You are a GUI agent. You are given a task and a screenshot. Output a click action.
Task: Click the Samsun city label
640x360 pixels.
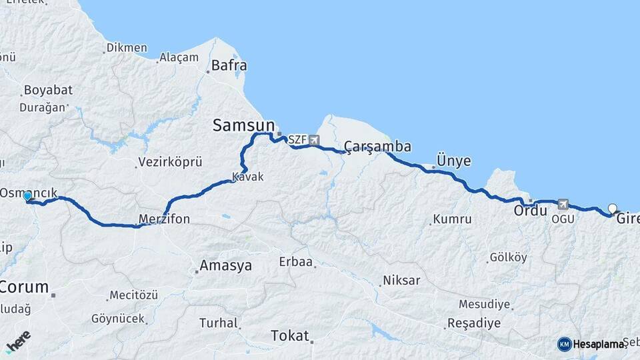coord(243,125)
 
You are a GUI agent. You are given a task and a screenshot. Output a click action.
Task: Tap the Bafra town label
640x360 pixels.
coord(229,66)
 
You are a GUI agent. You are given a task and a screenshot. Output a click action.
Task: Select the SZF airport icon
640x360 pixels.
coord(313,140)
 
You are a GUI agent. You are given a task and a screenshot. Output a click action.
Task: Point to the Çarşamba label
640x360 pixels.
coord(377,147)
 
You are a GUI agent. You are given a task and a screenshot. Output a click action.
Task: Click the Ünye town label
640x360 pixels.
coord(453,161)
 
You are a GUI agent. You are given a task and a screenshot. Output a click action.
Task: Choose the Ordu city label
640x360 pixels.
coord(531,211)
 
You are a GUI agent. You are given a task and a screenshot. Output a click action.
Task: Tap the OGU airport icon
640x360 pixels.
coord(563,204)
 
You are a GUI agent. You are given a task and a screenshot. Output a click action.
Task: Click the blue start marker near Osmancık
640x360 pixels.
coord(27,196)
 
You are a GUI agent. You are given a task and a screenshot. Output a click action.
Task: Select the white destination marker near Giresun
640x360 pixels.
coord(613,209)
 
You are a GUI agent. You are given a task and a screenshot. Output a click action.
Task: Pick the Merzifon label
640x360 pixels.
coord(164,219)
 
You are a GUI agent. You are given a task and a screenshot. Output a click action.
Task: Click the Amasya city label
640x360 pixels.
coord(226,265)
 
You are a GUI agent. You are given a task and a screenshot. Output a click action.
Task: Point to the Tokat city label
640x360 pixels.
coord(290,335)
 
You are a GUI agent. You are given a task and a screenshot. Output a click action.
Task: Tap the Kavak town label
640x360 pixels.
coord(248,177)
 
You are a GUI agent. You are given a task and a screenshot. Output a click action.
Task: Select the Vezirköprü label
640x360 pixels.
coord(170,162)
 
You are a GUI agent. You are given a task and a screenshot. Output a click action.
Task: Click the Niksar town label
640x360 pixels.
coord(401,280)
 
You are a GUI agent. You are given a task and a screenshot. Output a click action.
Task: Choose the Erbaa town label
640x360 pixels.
coord(296,262)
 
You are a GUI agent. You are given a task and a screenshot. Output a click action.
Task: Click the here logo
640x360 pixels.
coord(18,341)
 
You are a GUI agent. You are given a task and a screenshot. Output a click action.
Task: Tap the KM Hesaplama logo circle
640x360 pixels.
coord(564,344)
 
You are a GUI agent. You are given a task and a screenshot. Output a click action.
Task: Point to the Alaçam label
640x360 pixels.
coord(179,57)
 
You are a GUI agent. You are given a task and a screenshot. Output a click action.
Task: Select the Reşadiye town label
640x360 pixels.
coord(474,323)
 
